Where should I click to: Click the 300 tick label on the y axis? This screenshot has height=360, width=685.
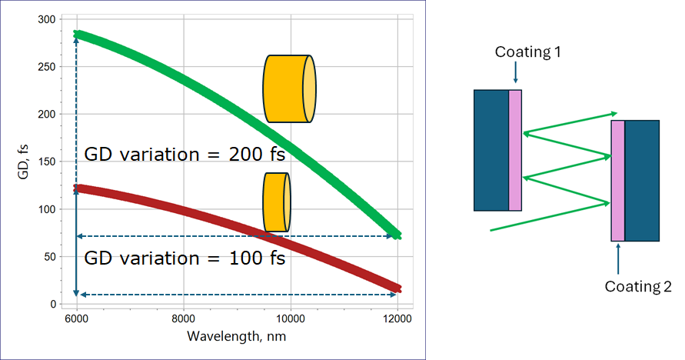(x=47, y=19)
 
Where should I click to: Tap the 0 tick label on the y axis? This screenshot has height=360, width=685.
(x=53, y=304)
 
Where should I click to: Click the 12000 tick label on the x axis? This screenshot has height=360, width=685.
(x=397, y=319)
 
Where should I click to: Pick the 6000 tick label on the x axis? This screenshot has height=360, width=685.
(x=76, y=319)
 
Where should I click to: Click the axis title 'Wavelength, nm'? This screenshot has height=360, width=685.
(x=236, y=336)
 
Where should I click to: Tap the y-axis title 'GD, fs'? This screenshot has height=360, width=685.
(x=24, y=162)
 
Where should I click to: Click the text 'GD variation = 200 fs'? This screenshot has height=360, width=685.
(x=185, y=154)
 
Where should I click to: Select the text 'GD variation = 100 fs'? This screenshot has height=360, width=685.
(x=185, y=258)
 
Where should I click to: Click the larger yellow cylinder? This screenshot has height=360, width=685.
(x=289, y=88)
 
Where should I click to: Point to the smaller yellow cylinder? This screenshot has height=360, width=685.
(x=277, y=202)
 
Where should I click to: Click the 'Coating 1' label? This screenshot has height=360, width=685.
(x=527, y=52)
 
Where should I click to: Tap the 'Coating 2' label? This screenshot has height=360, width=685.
(x=638, y=286)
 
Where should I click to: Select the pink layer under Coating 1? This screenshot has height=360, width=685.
(x=515, y=150)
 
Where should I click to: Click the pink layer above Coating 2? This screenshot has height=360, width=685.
(x=617, y=181)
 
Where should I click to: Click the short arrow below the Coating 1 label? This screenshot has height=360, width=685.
(x=516, y=72)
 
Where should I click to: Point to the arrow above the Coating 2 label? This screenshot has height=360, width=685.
(x=618, y=258)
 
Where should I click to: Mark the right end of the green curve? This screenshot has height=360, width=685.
(x=397, y=235)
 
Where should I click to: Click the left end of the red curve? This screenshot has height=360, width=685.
(x=76, y=188)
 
